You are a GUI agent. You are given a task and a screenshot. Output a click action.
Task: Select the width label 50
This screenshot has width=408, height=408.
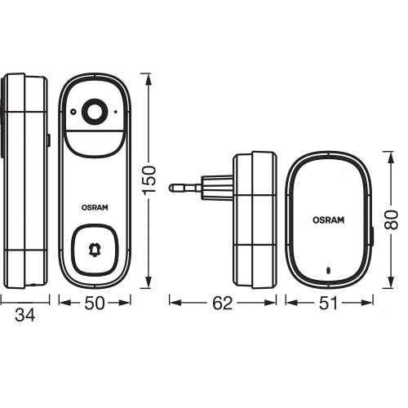tap(97, 302)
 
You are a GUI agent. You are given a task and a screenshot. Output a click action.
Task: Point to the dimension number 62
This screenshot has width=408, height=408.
tap(221, 303)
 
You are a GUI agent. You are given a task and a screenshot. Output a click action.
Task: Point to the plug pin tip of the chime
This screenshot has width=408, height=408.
tap(172, 187)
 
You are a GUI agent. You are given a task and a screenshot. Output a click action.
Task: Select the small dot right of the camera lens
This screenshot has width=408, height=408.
tap(119, 111)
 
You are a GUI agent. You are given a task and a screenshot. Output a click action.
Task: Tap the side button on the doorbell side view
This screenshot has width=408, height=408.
tap(47, 140)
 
